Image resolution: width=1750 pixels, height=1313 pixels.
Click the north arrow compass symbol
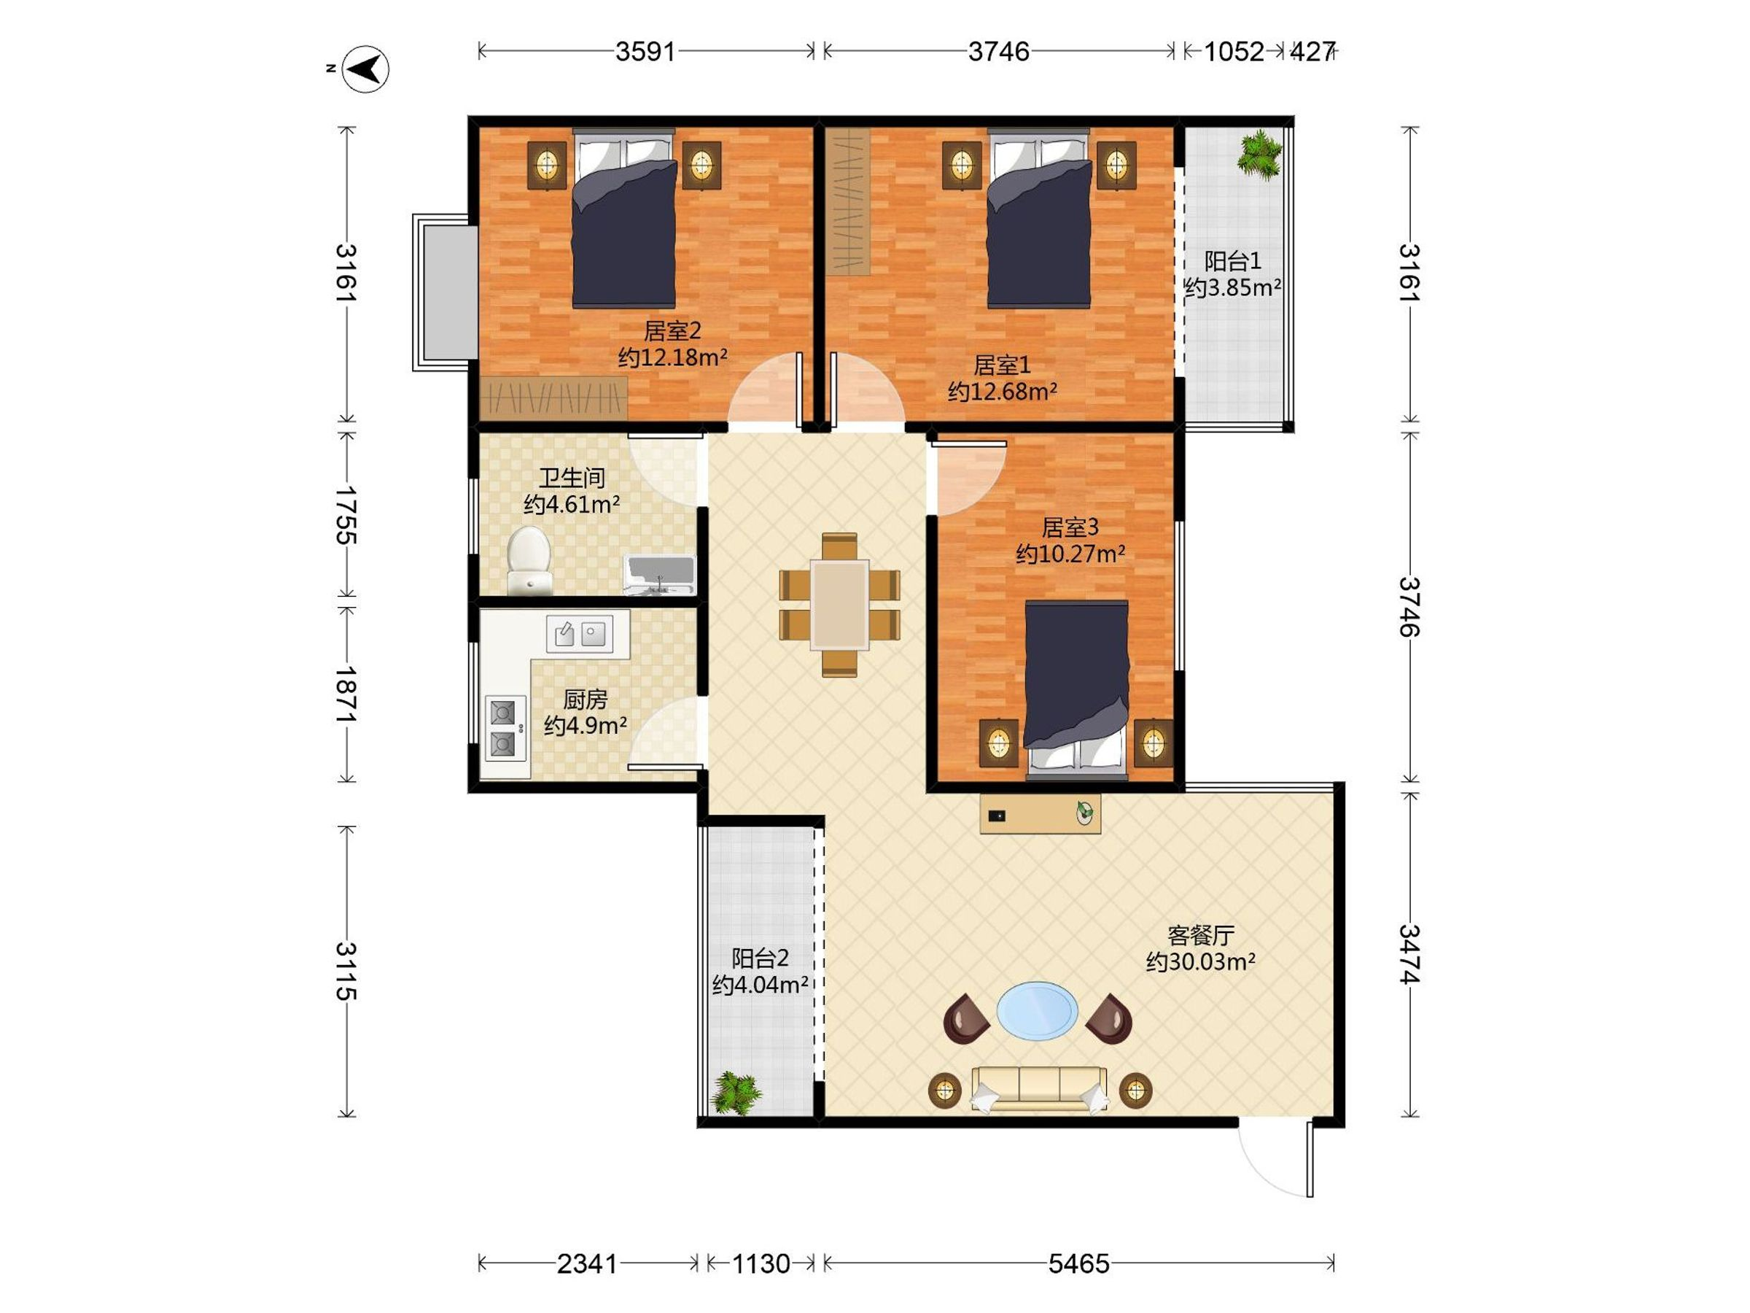pos(366,69)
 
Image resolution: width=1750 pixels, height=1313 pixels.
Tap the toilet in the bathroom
pos(529,559)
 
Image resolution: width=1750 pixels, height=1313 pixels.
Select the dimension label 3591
pos(645,52)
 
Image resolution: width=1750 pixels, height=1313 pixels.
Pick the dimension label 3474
pos(1409,953)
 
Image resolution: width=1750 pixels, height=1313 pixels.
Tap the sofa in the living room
pos(1039,1088)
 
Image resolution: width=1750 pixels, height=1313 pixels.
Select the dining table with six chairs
pos(839,605)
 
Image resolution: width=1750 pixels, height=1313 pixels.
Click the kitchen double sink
pos(579,633)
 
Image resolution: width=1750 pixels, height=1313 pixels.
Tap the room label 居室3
pos(1070,527)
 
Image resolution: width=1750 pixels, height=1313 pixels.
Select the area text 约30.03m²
pos(1201,961)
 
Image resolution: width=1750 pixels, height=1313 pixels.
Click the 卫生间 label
pos(572,477)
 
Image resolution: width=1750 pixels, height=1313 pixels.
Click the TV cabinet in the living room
pos(1040,813)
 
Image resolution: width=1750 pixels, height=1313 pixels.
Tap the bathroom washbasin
pos(659,576)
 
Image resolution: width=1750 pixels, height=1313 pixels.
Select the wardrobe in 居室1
pos(848,203)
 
